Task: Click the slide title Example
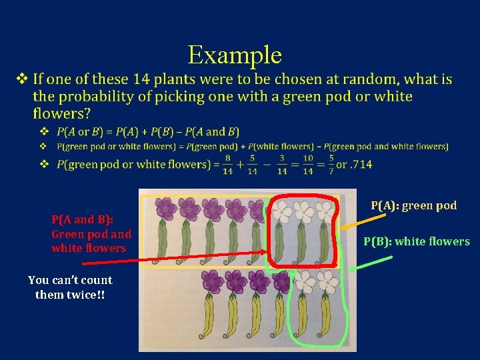235,55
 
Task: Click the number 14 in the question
141,79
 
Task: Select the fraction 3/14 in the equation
282,165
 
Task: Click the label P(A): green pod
413,205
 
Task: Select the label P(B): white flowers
416,241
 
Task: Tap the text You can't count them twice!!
70,287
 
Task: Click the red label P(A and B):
82,219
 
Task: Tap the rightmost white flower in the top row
325,211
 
